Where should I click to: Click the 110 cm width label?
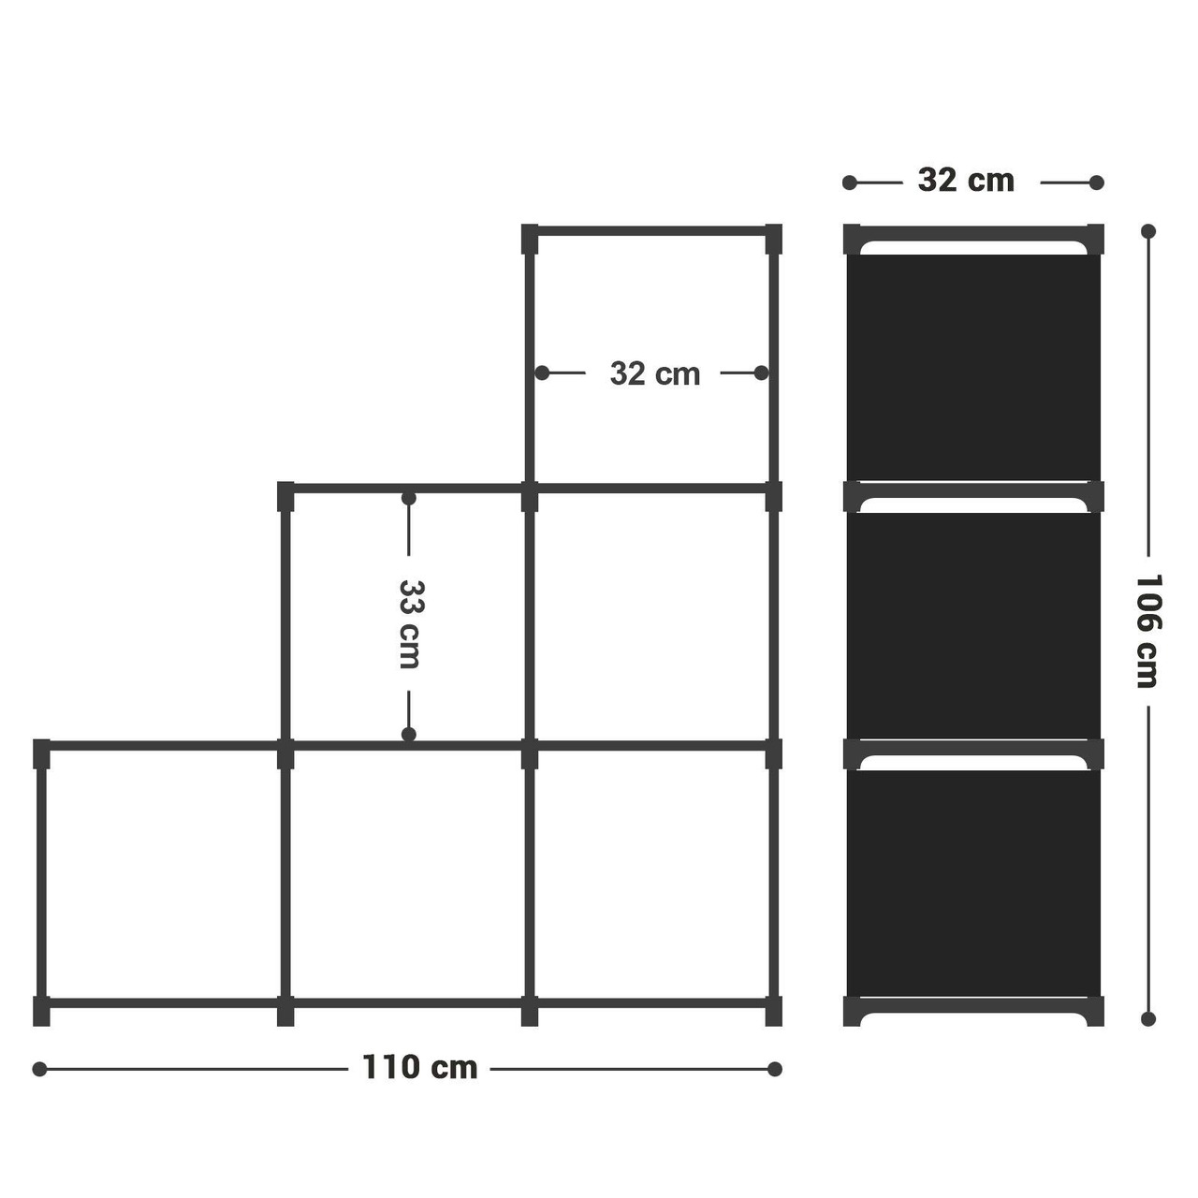419,1068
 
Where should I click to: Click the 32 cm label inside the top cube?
654,373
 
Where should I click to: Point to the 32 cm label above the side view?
966,181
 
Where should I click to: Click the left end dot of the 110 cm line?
39,1070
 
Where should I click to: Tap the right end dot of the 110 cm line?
775,1070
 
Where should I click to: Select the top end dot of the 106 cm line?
1148,231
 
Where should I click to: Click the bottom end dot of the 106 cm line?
1148,1019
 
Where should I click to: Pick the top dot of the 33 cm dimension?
408,498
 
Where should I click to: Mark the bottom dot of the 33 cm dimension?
408,734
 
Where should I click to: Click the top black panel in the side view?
973,368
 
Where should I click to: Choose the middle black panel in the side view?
973,625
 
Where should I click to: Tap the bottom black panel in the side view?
973,884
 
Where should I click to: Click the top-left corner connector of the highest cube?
530,239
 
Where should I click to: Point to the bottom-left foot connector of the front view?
41,1011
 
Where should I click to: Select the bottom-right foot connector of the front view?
774,1011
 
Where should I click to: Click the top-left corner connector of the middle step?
285,496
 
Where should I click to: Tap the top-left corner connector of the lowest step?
41,754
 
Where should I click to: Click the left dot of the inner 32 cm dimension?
542,373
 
